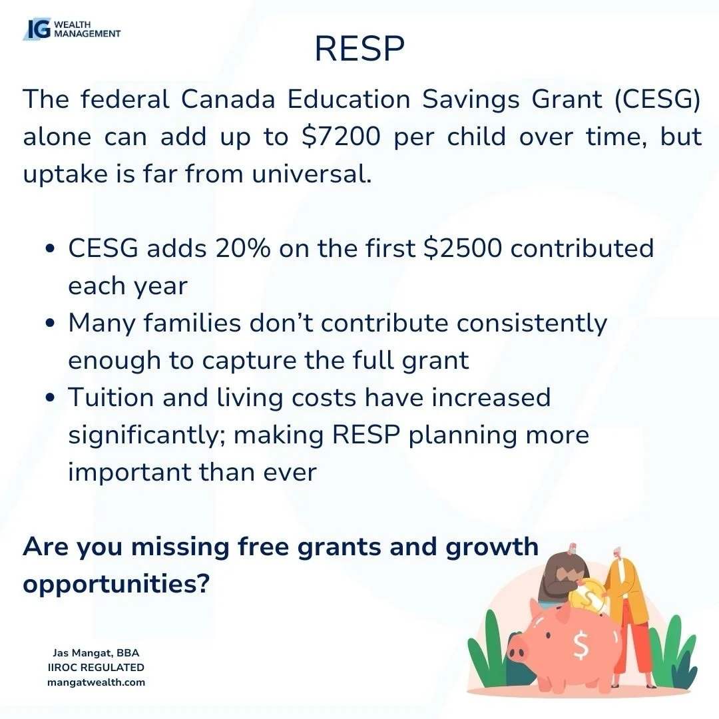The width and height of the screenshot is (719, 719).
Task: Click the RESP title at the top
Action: tap(359, 48)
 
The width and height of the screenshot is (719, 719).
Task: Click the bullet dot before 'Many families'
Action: tap(51, 324)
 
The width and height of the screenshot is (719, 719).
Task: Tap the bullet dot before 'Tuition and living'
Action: tap(51, 399)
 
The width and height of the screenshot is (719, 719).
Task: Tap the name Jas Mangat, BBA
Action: tap(96, 653)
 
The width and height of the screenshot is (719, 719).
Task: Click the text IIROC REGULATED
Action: tap(96, 668)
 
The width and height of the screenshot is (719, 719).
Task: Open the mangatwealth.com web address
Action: tap(96, 682)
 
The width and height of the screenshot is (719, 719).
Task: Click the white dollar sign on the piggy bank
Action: tap(580, 645)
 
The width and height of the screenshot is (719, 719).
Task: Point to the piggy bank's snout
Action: tap(519, 646)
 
